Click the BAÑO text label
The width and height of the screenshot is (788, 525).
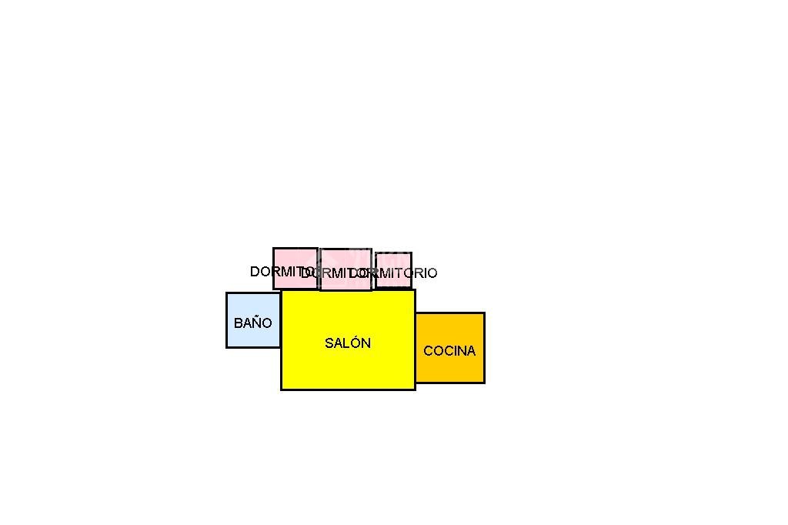[253, 323]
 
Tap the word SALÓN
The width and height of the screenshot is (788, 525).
[348, 343]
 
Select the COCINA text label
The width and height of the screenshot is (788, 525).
[449, 351]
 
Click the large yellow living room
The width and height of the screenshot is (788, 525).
[348, 366]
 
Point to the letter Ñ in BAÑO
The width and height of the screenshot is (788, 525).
[253, 323]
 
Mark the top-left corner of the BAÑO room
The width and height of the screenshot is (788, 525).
[227, 293]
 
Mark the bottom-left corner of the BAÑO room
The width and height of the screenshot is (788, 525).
[227, 347]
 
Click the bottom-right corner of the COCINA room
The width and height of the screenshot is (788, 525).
[484, 383]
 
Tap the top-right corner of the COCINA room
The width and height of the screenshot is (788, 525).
[484, 313]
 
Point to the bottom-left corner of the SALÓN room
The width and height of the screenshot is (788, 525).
[282, 390]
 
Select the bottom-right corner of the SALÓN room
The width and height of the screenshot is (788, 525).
[415, 390]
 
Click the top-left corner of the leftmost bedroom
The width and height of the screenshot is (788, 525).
[274, 249]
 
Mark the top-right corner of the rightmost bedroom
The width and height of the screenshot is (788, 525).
[411, 253]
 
